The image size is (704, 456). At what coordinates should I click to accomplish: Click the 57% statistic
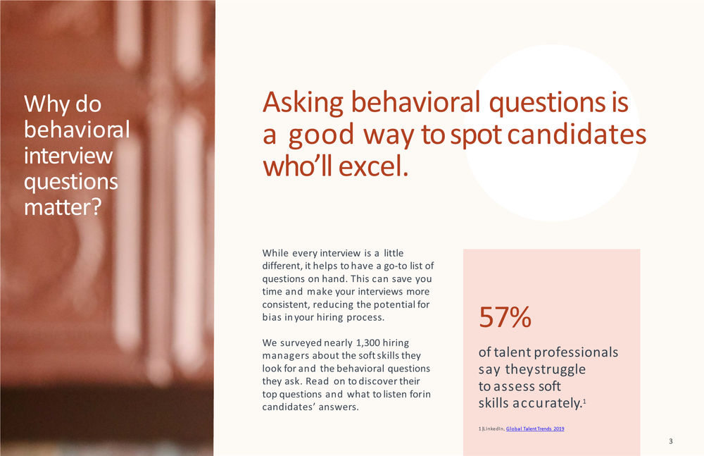[505, 318]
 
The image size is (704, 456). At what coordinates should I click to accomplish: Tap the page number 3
[671, 441]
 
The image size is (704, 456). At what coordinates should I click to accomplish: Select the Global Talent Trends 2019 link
[535, 429]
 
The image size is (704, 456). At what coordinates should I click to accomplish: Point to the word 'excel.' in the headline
[373, 168]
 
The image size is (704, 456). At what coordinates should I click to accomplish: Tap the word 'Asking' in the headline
[303, 104]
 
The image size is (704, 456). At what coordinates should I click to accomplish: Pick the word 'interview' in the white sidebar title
[68, 156]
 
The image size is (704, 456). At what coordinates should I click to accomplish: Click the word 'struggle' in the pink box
[560, 369]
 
